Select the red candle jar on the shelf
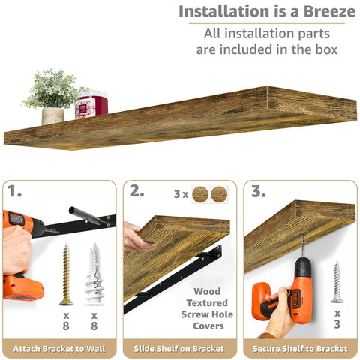coord(91,104)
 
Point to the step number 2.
coord(136,192)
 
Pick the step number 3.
coord(258,192)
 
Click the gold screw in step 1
coord(66,273)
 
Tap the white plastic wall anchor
coord(94,273)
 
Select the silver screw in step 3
coord(337,280)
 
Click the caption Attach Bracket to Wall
coord(59,349)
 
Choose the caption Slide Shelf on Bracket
coord(180,349)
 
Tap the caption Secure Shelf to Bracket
coord(300,349)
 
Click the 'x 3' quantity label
coord(337,318)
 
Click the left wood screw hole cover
coord(200,194)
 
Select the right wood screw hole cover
coord(219,194)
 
